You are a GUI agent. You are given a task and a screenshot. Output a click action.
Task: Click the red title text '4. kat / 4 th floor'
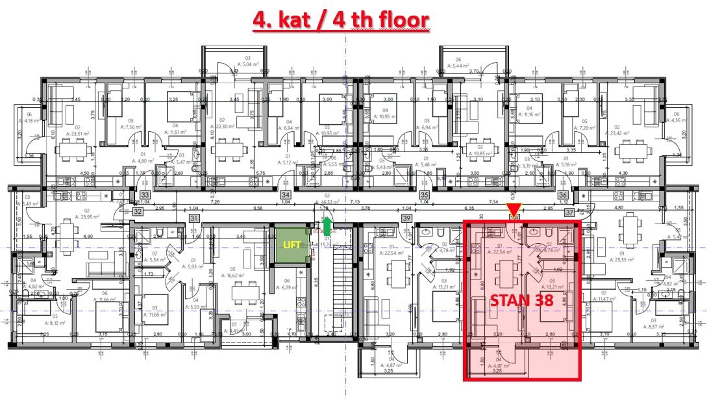coord(341,19)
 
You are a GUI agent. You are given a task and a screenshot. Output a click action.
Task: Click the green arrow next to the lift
coord(327,224)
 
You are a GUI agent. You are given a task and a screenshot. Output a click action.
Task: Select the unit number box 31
coord(193,218)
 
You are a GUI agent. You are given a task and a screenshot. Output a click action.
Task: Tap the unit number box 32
coord(138,211)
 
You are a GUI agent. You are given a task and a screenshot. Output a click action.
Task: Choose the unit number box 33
coord(145,194)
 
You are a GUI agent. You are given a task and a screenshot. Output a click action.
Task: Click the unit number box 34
coord(285,194)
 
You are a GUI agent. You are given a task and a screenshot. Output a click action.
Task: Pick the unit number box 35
coord(425,194)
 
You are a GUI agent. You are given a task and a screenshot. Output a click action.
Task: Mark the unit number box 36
coord(564,194)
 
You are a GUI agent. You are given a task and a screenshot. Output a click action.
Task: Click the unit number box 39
coord(407,218)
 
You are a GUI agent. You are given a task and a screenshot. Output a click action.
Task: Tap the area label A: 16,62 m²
coord(232,275)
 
